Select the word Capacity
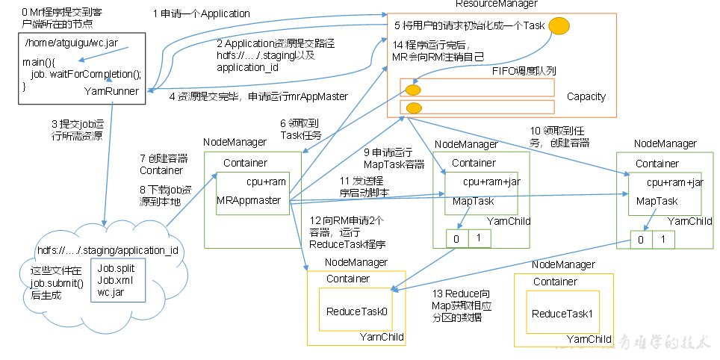[586, 96]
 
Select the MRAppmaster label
[248, 200]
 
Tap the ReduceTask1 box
[562, 313]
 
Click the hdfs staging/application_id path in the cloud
[107, 249]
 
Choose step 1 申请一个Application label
[201, 13]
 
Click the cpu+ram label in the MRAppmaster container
[266, 181]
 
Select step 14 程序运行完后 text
[438, 50]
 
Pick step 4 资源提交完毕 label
[258, 96]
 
